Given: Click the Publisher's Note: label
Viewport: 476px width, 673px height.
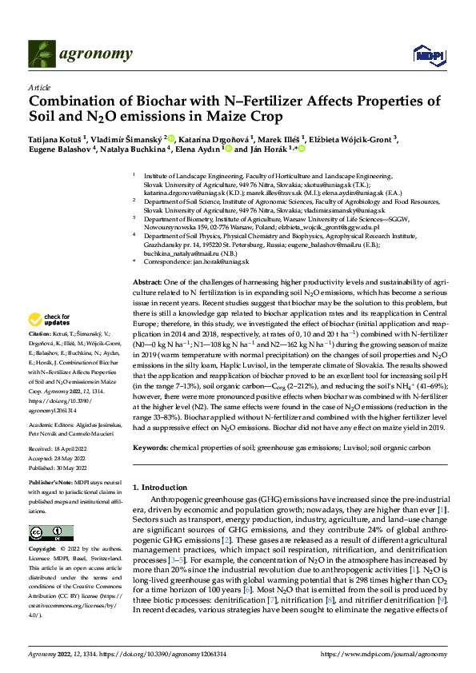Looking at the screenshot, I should (50, 484).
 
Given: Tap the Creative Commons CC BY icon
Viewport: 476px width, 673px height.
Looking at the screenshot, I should (46, 534).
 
